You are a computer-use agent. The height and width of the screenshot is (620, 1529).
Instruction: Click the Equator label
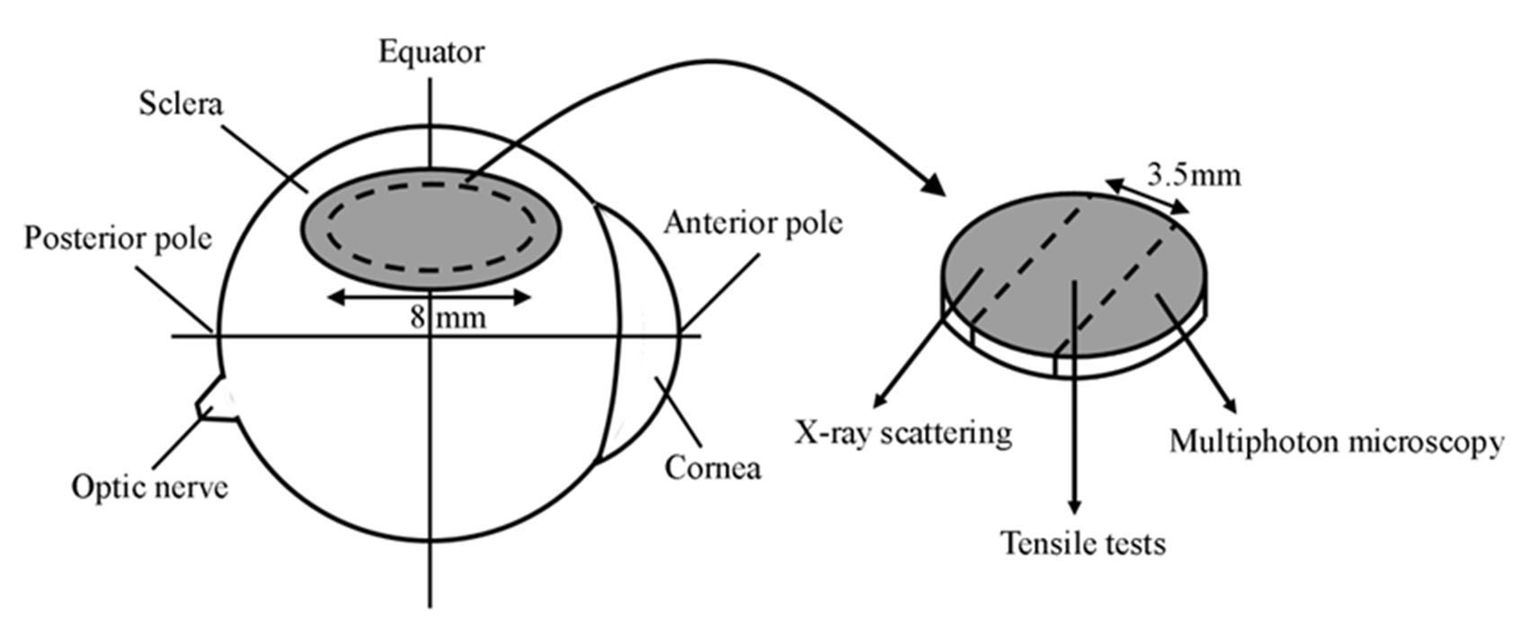[431, 52]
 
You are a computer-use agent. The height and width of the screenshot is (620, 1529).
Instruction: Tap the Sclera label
[181, 104]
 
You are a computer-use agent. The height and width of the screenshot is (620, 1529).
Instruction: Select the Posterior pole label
[118, 239]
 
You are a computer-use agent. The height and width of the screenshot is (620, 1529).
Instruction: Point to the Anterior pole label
[753, 222]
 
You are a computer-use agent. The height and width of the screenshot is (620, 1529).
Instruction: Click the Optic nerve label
[149, 487]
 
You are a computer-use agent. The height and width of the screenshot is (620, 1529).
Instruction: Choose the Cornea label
[713, 467]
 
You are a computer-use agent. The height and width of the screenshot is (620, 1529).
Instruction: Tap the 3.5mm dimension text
[1194, 174]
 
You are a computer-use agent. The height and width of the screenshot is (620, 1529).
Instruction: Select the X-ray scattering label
[903, 433]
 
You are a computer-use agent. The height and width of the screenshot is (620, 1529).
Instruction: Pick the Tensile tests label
[1083, 543]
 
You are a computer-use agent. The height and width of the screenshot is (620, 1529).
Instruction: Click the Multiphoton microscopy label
[1337, 442]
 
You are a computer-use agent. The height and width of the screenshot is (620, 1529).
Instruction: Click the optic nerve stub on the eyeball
[214, 398]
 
